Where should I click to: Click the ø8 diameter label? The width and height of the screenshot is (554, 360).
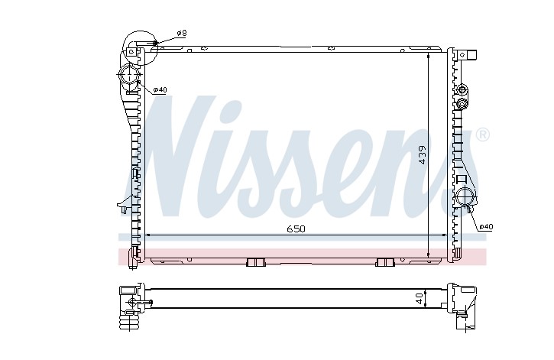coord(182,33)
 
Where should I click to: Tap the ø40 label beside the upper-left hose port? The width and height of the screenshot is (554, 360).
coord(160,89)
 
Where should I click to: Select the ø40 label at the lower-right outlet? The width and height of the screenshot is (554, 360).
coord(486,227)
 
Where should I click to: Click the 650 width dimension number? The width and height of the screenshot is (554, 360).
coord(296,229)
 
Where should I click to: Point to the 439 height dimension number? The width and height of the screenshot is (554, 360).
coord(423,154)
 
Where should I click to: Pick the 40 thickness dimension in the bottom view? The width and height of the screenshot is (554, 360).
coord(420,299)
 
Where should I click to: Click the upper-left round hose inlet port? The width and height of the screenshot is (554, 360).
coord(129,75)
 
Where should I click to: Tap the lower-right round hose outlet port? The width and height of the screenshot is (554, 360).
coord(465,196)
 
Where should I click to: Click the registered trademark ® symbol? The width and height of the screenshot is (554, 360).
coord(483,135)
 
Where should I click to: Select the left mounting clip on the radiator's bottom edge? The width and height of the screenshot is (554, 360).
coord(255,262)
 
